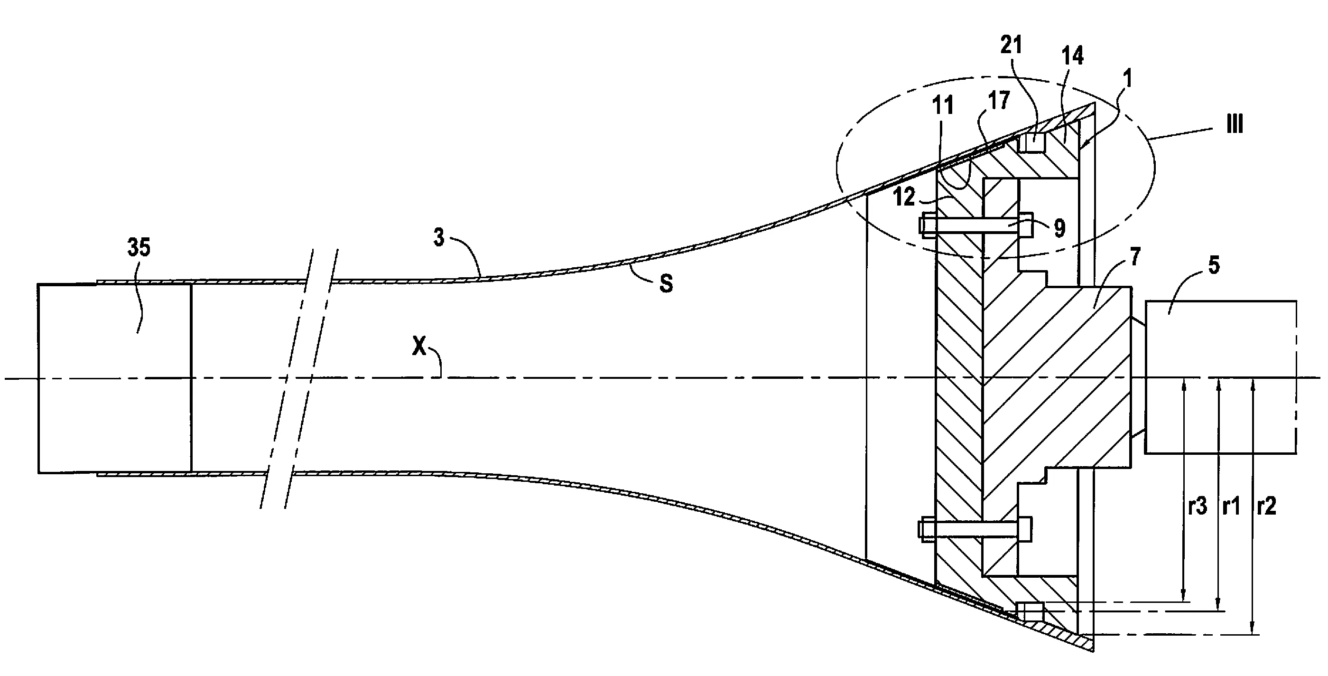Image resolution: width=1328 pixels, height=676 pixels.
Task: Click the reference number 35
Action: coord(139,248)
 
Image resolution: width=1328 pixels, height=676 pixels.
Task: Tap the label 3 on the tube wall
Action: coord(439,238)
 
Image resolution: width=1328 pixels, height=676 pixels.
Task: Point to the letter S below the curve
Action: coord(666,283)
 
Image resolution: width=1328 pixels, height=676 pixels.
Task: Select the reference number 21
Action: coord(1011,46)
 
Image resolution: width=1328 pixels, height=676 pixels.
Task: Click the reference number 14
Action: coord(1072,56)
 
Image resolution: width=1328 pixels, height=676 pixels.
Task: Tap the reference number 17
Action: coord(999,100)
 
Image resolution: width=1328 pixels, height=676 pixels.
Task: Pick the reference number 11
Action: coord(943,106)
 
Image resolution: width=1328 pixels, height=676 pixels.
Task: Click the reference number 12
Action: coord(905,197)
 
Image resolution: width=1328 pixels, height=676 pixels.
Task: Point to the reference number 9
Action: coord(1060,228)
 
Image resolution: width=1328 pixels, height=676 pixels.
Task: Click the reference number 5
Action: coord(1214,265)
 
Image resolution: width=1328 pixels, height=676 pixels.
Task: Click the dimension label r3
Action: coord(1198,507)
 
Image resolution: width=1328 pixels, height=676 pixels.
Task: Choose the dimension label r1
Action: coord(1231,507)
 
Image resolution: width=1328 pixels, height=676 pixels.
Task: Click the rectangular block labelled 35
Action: coord(114,378)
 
